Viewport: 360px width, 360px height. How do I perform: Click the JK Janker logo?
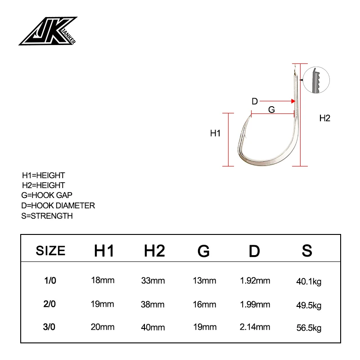point(48,31)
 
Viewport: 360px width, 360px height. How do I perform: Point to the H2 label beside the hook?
point(324,118)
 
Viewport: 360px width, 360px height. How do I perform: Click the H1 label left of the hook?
point(215,133)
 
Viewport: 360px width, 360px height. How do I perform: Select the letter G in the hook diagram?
point(271,109)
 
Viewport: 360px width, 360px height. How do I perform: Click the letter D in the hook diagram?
point(254,101)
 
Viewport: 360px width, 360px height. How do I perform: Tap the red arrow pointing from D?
point(276,101)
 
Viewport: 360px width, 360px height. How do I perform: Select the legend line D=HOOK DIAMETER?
point(58,206)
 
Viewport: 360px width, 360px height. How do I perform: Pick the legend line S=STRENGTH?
point(47,216)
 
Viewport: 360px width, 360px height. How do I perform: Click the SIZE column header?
point(50,251)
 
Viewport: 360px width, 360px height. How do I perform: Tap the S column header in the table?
point(307,251)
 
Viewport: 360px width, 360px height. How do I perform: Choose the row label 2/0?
point(49,304)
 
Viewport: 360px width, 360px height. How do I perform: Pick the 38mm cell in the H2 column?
point(153,304)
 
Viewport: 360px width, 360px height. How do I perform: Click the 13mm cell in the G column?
point(205,281)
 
